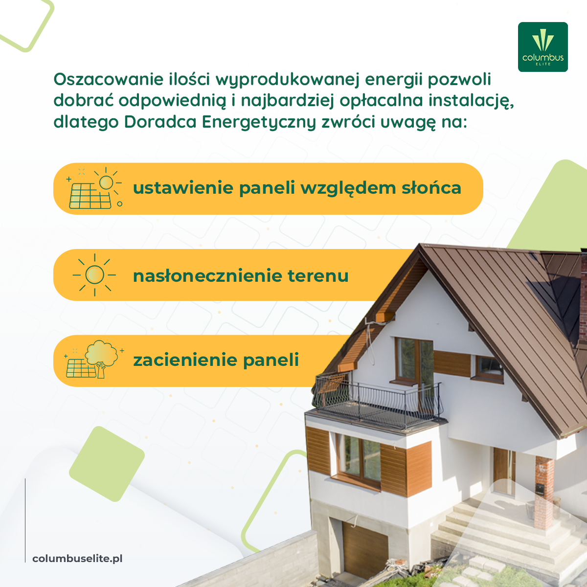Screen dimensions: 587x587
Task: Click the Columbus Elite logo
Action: [542, 47]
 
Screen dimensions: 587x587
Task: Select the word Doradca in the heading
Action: [160, 122]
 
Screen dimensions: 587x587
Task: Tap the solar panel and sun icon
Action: [94, 188]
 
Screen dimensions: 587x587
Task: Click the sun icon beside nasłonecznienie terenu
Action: [94, 275]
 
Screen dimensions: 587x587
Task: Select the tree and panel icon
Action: [94, 359]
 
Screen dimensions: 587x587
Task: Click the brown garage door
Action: [364, 546]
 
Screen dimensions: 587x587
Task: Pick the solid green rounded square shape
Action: [107, 464]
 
